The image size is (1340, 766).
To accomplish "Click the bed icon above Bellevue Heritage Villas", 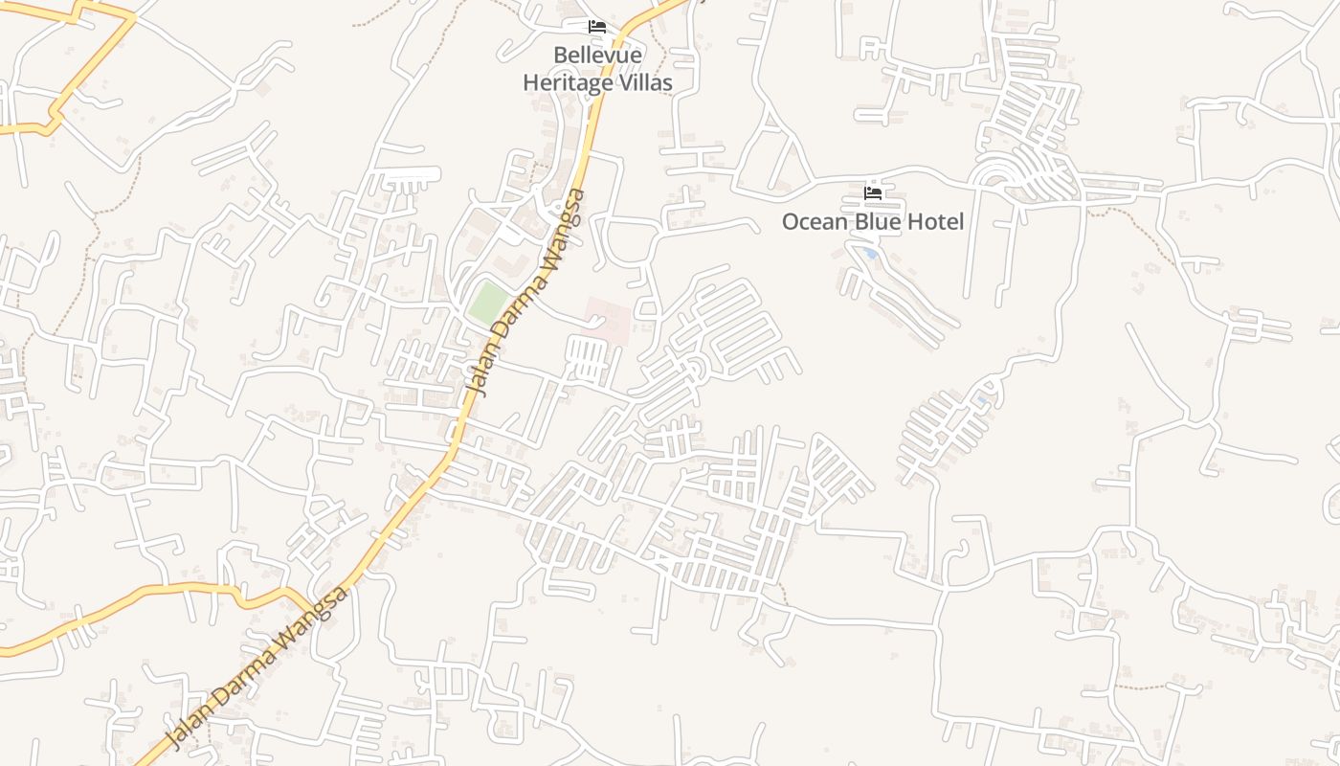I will point(597,26).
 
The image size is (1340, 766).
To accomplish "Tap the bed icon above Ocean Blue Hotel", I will point(872,192).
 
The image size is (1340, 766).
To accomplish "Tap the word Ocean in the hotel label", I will point(814,222).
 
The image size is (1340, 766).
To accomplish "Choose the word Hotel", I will point(937,222).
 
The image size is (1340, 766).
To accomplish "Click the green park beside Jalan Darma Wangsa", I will point(487,302).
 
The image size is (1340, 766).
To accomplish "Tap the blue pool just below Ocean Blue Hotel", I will point(868,254).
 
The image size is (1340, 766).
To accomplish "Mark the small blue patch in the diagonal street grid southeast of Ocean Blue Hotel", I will point(981,398).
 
